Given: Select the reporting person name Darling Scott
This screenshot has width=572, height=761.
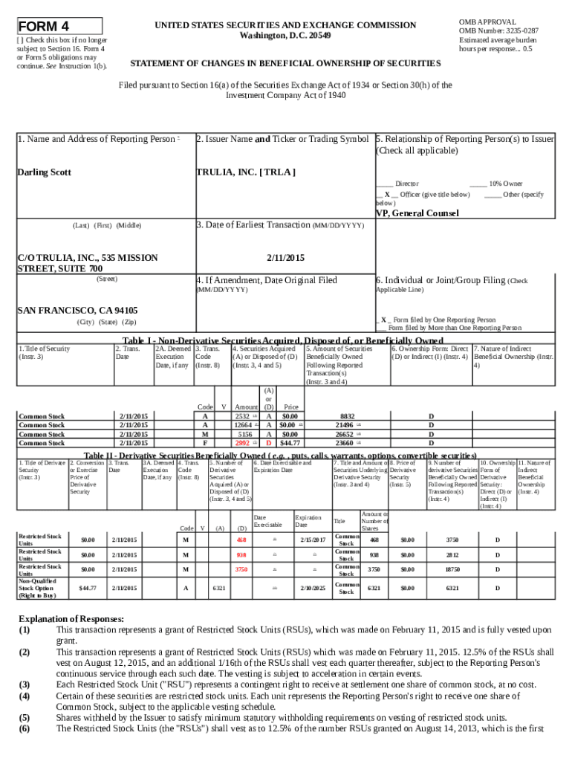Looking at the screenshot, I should [44, 172].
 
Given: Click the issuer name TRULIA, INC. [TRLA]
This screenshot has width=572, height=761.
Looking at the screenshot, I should [245, 172].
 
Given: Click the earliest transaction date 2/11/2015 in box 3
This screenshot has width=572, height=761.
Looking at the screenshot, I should [285, 258].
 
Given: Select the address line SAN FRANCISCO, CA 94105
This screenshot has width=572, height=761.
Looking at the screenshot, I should [77, 310].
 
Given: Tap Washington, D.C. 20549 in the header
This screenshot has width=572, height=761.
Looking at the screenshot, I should [285, 36].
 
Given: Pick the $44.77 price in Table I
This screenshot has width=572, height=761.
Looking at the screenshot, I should [290, 443].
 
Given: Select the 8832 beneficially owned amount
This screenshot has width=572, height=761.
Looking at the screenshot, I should [347, 416].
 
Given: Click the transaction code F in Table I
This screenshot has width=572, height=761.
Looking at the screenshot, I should [205, 443].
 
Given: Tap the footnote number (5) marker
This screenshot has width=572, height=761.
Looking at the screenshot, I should [25, 718].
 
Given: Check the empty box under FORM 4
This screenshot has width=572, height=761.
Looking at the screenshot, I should [20, 39].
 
